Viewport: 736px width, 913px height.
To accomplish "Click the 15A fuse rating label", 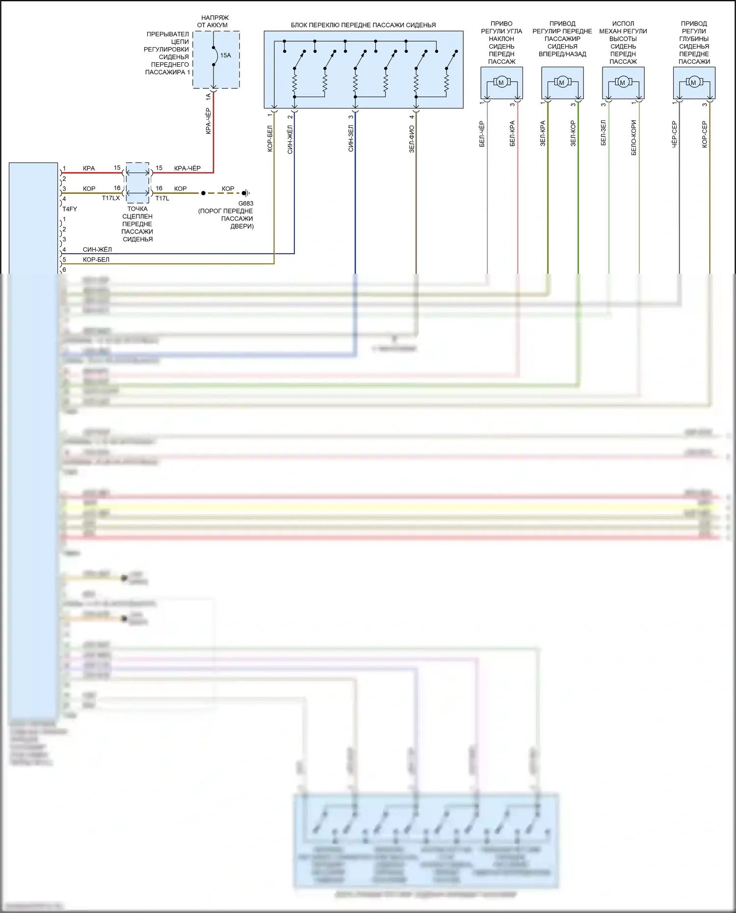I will pos(225,55).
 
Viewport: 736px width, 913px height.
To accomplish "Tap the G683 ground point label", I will pos(246,203).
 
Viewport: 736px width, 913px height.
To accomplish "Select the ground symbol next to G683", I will pos(247,193).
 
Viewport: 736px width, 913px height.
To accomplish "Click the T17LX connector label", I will pos(111,198).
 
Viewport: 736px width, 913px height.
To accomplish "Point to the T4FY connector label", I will pos(70,209).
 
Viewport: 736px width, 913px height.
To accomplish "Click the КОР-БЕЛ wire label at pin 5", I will pos(96,260).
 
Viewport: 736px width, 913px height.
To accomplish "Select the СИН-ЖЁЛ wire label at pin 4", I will pos(97,249).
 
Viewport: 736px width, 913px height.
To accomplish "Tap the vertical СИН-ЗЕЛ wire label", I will pos(351,138).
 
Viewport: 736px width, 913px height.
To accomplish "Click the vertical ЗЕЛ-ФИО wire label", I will pos(412,139).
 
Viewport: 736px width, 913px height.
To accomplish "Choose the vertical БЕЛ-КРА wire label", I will pos(512,133).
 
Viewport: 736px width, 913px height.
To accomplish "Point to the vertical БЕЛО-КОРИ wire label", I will pos(633,138).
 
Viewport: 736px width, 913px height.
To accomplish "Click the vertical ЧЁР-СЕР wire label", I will pos(674,134).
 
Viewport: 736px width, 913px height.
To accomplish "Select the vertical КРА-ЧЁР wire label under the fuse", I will pos(208,121).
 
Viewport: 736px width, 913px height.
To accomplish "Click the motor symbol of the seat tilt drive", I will pos(501,82).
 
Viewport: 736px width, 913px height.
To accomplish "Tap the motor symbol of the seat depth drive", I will pos(693,82).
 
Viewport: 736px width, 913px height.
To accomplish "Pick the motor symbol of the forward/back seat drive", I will pos(562,82).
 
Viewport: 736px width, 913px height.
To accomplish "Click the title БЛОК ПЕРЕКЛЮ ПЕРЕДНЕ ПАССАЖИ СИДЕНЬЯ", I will pos(363,25).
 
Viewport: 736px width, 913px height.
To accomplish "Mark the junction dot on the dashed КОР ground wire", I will pos(203,193).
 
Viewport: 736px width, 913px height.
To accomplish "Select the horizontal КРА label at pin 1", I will pos(89,168).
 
